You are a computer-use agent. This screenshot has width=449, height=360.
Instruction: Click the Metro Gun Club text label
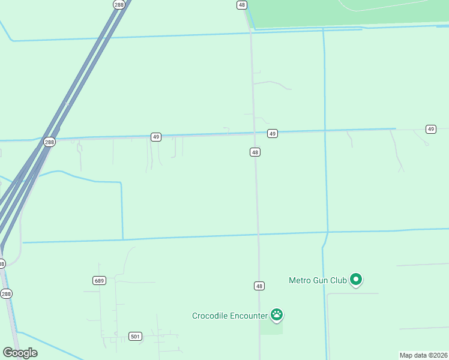318,280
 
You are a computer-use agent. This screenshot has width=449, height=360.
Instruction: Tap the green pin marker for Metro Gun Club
356,279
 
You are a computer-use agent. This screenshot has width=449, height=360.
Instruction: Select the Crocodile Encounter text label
230,316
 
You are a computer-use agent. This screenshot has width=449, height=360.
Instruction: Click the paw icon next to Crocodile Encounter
276,314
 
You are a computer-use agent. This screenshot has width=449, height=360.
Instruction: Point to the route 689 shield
100,280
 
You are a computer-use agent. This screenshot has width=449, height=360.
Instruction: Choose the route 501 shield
136,337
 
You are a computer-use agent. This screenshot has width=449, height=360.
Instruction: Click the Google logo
20,353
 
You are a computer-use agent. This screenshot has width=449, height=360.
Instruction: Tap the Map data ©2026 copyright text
423,355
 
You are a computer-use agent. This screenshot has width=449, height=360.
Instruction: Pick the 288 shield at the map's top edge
119,4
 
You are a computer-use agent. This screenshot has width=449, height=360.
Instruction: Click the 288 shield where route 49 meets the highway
49,142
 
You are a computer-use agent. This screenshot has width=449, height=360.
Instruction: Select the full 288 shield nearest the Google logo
6,293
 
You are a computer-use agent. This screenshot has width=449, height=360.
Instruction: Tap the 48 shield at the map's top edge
241,4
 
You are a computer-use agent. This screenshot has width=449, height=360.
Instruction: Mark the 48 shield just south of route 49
255,152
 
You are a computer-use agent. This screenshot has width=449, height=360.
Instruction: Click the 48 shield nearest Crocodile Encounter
258,286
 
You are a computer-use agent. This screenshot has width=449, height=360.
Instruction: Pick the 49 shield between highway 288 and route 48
155,137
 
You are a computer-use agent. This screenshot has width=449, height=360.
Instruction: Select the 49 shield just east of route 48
273,133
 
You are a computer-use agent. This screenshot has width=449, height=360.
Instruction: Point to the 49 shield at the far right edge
430,129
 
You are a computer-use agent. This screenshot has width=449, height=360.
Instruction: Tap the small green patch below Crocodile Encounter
271,327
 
